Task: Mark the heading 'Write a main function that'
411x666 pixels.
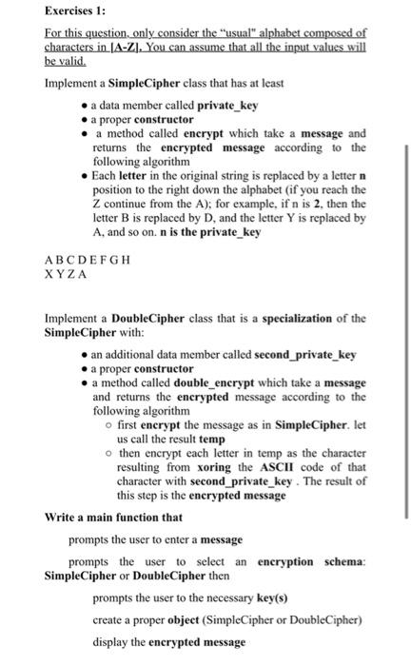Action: (113, 517)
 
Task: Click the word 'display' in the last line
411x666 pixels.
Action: (112, 641)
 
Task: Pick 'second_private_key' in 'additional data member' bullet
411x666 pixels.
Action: (305, 354)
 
